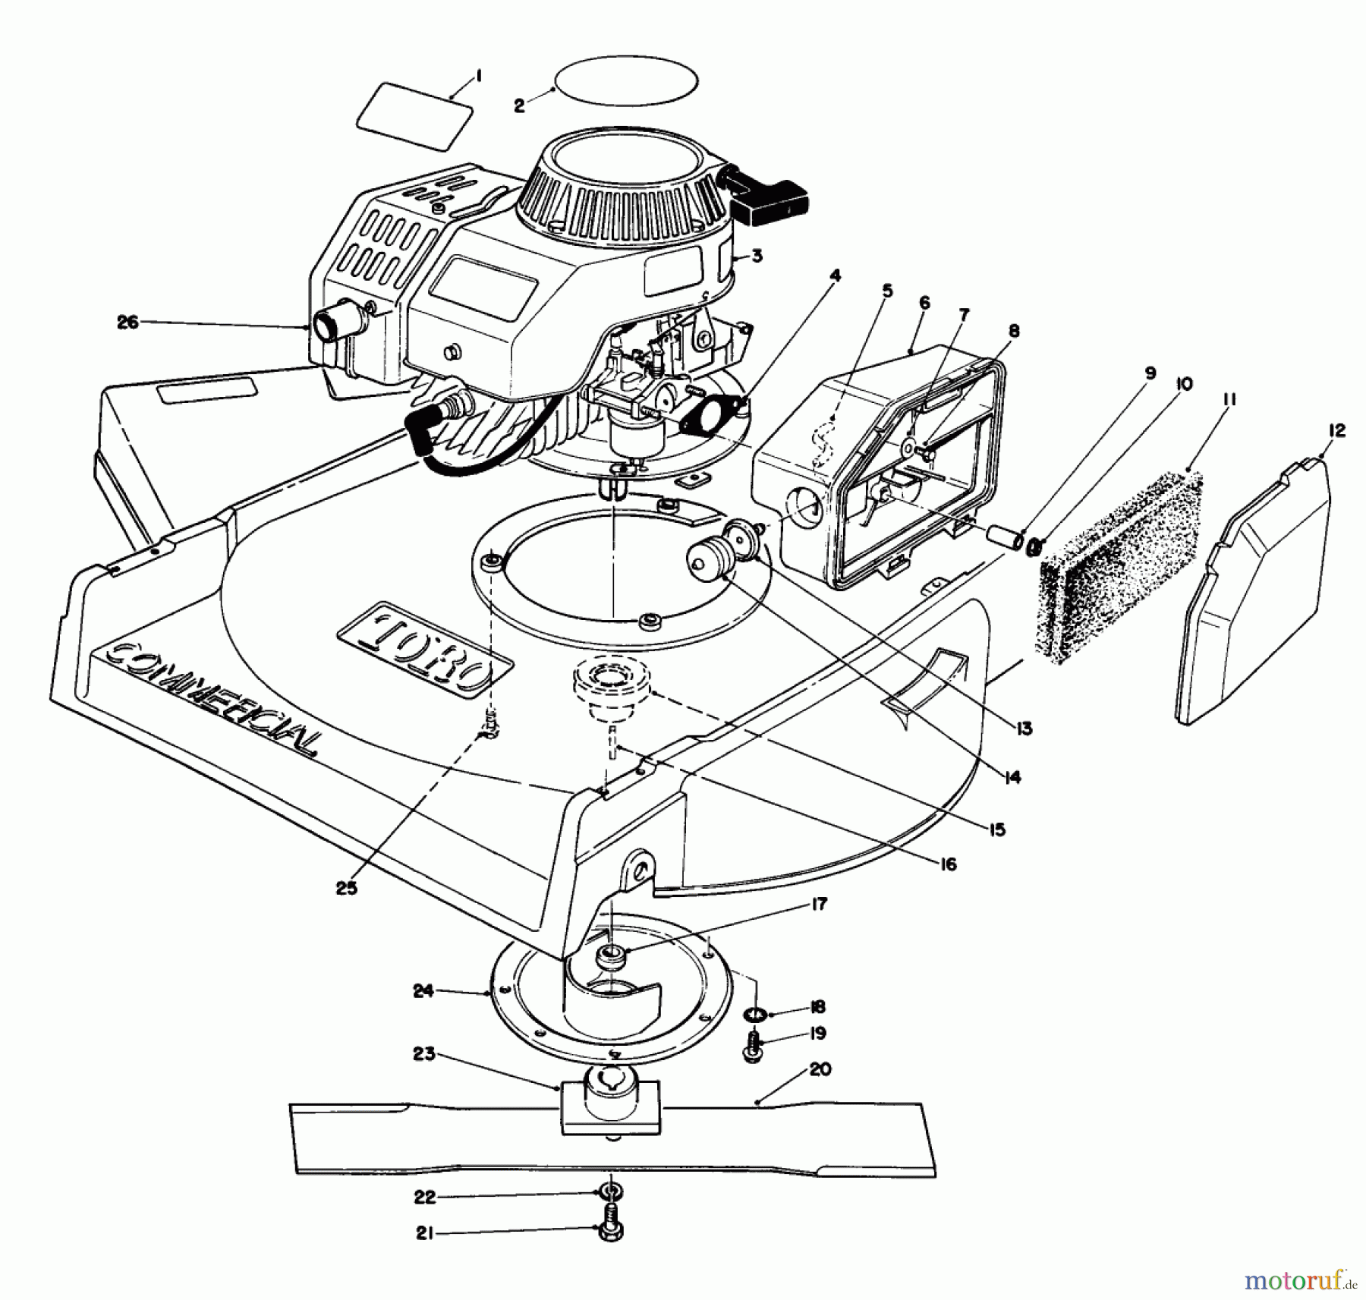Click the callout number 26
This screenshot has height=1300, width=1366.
(127, 322)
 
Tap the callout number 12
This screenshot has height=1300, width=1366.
(1336, 431)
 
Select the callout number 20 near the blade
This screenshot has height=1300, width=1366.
(820, 1069)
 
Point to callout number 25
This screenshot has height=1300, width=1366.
(346, 888)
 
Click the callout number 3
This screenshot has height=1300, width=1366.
(757, 256)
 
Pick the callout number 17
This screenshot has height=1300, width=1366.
(819, 904)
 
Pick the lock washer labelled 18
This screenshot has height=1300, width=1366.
(754, 1013)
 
